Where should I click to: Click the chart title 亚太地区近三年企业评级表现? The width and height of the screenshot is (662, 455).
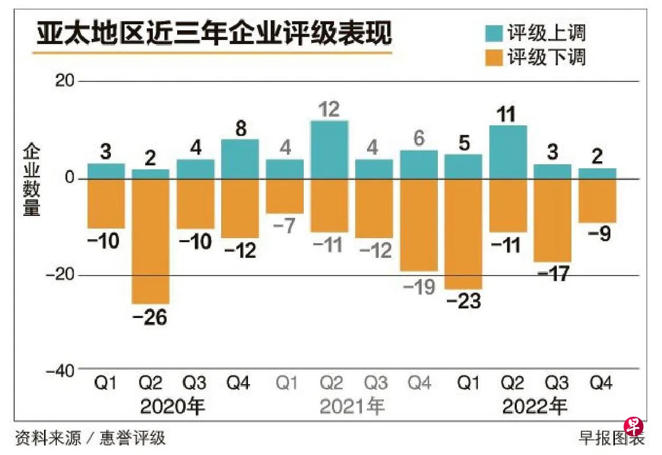214,33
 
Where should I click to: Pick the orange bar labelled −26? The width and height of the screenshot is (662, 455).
150,241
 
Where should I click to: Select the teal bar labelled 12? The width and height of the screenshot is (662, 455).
329,149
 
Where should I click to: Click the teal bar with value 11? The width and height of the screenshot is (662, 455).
508,151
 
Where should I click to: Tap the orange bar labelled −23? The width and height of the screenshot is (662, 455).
463,233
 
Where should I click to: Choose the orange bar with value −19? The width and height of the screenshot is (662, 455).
418,225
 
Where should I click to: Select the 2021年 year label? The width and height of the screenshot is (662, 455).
352,406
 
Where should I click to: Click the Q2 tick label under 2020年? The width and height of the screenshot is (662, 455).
150,383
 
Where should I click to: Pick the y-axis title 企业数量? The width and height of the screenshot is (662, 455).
32,180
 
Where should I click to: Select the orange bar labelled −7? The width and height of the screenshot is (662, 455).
285,196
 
